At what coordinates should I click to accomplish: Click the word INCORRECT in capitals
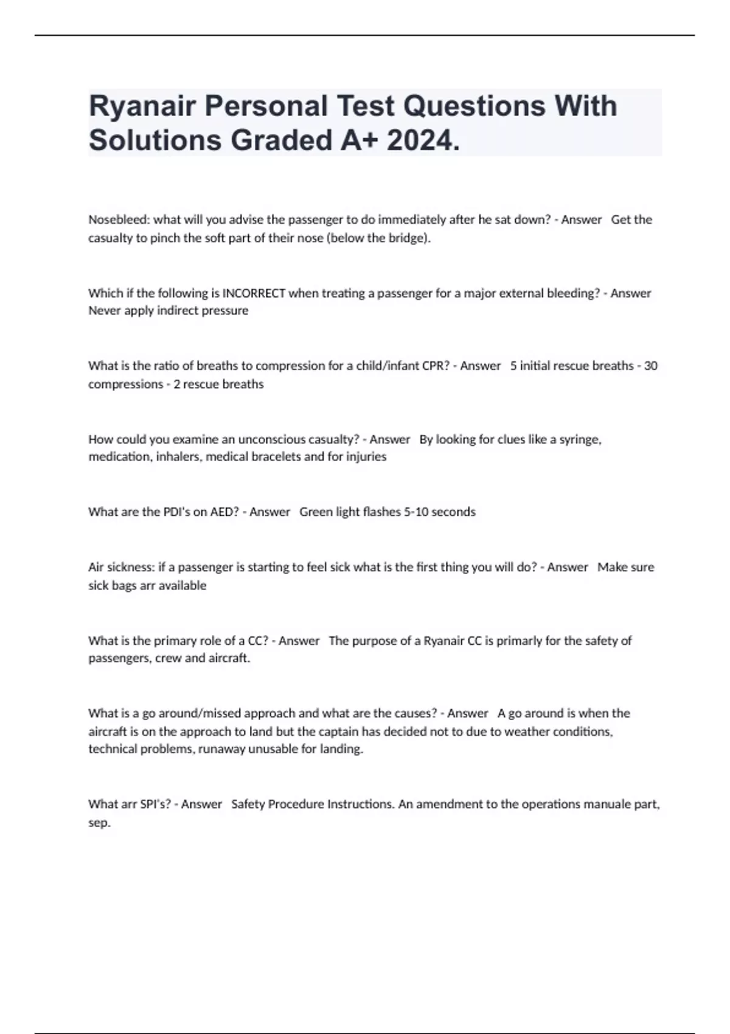[x=254, y=293]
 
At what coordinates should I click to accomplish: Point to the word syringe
[x=580, y=439]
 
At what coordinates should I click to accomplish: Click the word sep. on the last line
[x=99, y=823]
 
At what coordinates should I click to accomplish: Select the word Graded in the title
[x=281, y=141]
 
